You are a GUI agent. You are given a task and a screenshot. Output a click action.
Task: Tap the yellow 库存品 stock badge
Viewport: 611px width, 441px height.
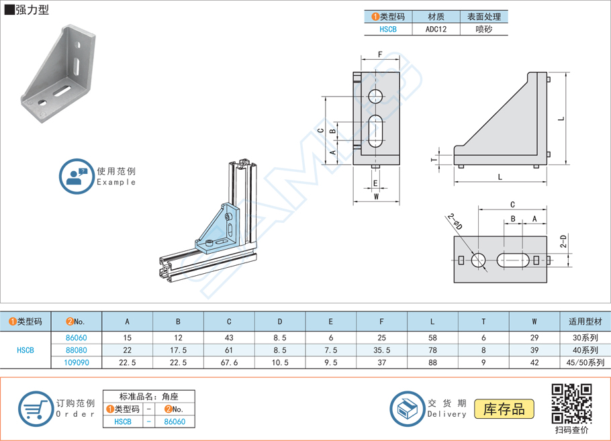(x=504, y=409)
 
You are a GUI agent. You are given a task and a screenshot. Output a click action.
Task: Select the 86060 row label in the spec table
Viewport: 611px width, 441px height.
(x=76, y=338)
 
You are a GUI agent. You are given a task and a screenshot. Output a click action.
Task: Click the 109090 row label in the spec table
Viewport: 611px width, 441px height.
(x=76, y=362)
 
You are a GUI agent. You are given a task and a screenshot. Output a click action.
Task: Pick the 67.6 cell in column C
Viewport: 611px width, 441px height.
(x=229, y=362)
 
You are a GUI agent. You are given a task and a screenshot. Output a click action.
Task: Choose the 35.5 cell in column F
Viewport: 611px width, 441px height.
(x=381, y=350)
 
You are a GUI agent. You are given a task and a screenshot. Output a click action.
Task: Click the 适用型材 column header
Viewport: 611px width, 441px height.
(x=585, y=322)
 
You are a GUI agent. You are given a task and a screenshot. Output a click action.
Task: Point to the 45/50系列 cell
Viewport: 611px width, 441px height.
(x=585, y=362)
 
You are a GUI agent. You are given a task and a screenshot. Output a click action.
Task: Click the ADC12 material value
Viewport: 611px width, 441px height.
(x=435, y=30)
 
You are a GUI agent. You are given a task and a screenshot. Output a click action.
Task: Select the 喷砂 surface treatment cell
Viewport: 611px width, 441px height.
(x=483, y=30)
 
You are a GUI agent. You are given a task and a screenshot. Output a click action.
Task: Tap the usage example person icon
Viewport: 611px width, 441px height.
(x=76, y=177)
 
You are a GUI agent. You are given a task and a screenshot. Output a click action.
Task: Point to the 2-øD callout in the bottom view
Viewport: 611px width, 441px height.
(x=455, y=222)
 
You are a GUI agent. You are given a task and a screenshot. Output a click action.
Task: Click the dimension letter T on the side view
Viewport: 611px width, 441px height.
(x=432, y=159)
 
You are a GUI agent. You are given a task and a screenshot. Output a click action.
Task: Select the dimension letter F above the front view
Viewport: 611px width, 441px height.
(x=380, y=55)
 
